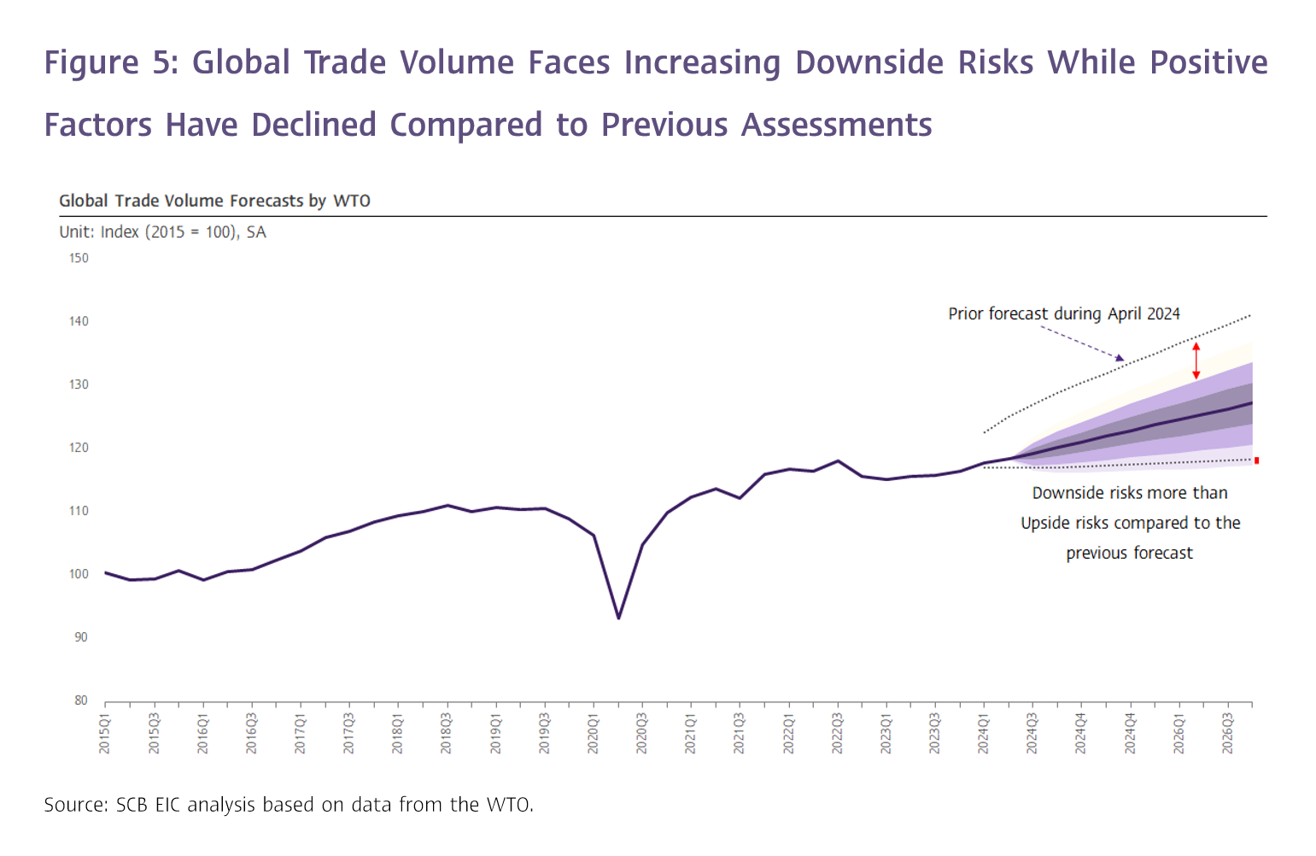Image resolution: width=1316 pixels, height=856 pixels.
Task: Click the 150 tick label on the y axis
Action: point(79,258)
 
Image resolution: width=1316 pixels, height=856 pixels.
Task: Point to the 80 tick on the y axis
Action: point(81,701)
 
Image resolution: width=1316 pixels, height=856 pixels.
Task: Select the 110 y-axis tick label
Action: point(79,511)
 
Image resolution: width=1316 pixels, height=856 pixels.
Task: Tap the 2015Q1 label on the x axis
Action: point(105,733)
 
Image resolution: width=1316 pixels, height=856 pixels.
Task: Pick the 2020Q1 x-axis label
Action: point(594,733)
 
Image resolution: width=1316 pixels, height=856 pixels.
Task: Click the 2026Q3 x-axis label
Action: point(1228,733)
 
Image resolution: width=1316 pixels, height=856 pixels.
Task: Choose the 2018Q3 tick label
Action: point(447,733)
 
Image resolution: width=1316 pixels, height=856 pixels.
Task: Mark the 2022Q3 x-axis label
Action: point(838,733)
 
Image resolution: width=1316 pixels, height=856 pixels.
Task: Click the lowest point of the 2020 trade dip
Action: point(618,618)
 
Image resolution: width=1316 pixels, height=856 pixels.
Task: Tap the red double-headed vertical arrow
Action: point(1196,361)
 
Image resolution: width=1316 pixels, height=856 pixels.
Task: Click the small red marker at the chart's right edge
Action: point(1256,460)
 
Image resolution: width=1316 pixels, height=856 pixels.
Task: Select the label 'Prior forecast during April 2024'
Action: point(1063,314)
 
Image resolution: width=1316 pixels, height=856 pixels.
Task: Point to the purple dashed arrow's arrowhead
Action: point(1120,358)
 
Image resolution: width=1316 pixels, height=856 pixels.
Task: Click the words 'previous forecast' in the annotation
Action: point(1129,553)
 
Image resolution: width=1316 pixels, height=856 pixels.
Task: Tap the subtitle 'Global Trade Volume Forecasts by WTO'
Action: point(214,201)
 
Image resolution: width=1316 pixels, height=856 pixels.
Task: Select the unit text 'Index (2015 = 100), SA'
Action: point(183,232)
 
